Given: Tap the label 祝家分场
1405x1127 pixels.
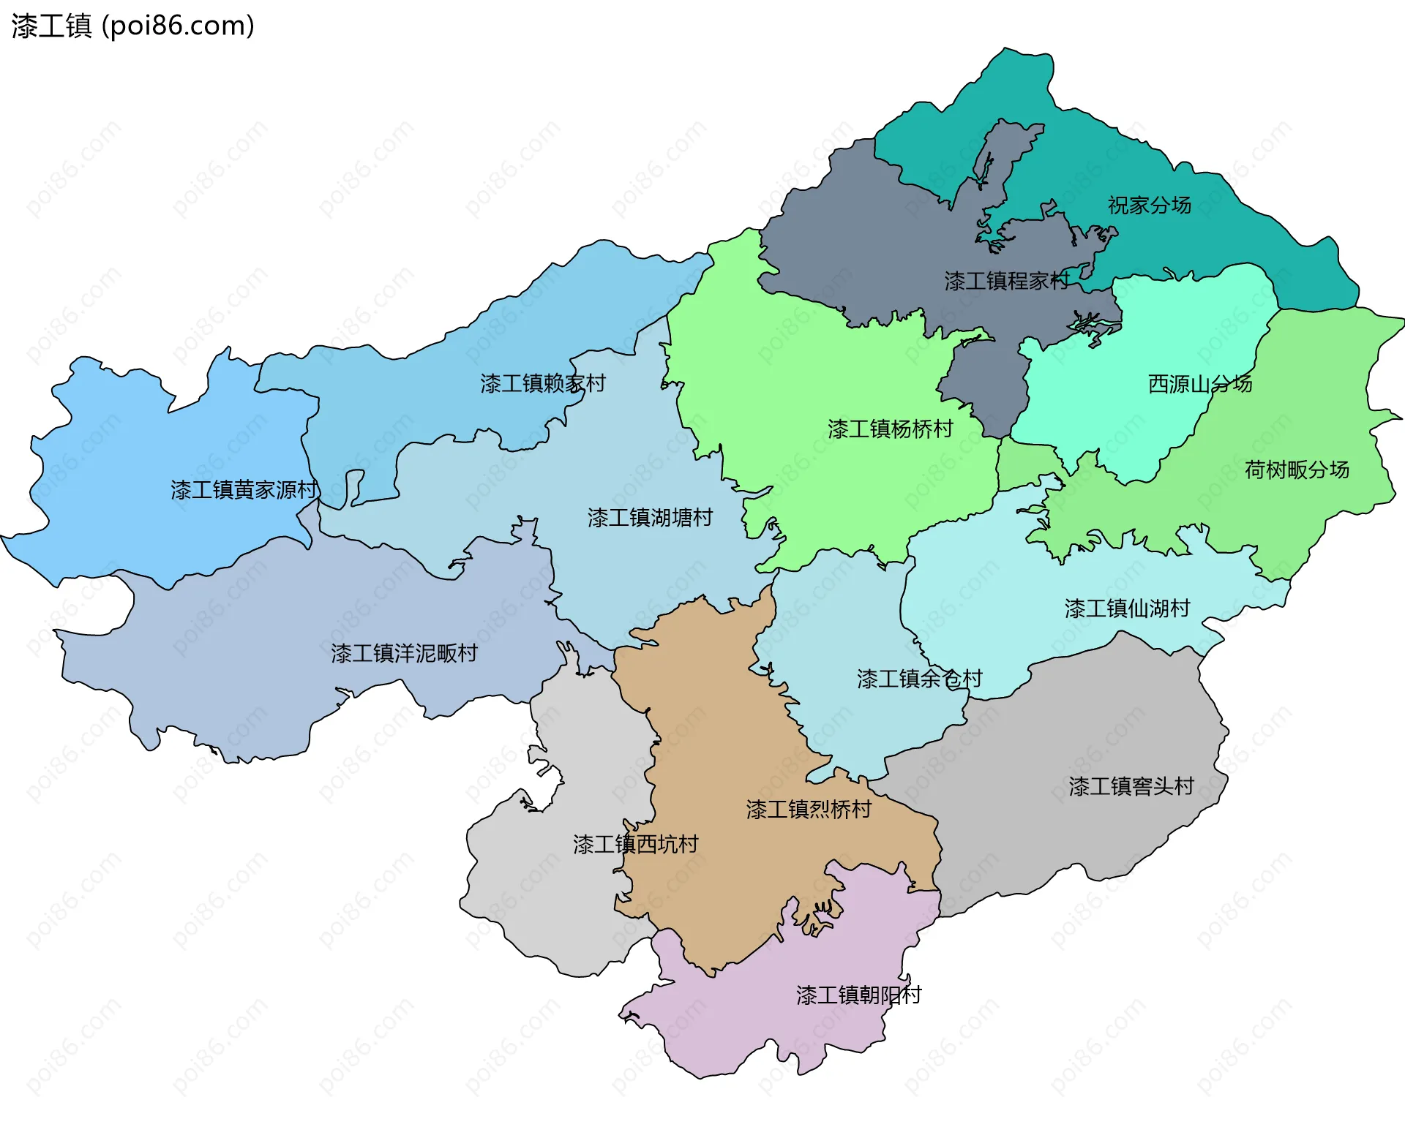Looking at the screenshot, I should click(x=1149, y=205).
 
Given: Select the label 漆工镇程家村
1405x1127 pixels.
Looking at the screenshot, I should click(x=1006, y=281).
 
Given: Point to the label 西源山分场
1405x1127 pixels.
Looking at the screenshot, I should click(x=1200, y=384).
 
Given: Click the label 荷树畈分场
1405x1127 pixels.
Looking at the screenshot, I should click(x=1297, y=470).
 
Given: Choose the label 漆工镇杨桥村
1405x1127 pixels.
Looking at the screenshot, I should click(x=890, y=429).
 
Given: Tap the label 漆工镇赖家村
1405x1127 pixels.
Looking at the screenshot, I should click(x=543, y=383).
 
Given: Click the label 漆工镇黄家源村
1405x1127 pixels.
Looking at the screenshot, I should click(x=244, y=490).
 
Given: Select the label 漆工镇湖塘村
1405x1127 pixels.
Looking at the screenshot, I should click(x=650, y=518).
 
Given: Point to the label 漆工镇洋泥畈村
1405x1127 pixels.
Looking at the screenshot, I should click(x=404, y=653).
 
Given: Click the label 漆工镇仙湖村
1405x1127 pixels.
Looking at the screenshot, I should click(x=1127, y=608).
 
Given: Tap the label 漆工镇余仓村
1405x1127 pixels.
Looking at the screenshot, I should click(x=919, y=679).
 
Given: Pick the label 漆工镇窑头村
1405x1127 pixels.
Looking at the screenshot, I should click(x=1131, y=786).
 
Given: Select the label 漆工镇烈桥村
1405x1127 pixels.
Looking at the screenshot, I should click(x=809, y=809).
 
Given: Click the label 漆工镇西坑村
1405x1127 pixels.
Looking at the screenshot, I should click(x=635, y=845).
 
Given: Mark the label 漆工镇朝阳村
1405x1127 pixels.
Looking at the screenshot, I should click(x=858, y=995).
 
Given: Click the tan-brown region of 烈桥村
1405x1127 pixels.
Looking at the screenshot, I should click(x=717, y=731).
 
